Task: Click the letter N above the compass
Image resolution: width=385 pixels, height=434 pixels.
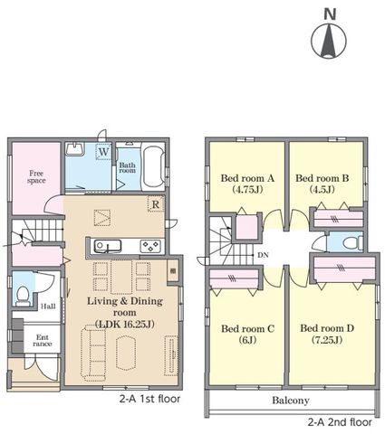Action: point(330,14)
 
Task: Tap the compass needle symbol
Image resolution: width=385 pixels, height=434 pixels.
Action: point(329,41)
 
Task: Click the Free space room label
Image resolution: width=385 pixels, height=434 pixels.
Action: point(36,177)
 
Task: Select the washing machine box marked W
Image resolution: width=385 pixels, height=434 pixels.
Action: point(103,152)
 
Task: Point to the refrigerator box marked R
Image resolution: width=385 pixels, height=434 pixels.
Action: point(156,204)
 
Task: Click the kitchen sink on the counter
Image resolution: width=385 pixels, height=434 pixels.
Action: point(108,246)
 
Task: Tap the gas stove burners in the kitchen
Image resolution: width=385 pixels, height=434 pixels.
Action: point(150,246)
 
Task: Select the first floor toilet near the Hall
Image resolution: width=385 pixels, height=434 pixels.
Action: point(23,297)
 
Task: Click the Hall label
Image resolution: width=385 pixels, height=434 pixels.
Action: point(48,307)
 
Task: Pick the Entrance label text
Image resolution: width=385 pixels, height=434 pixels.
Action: point(43,341)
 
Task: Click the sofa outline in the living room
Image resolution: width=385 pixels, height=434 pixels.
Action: point(93,351)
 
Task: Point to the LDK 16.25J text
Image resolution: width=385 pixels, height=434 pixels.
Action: point(125,325)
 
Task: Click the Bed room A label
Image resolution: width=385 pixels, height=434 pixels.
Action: point(247,178)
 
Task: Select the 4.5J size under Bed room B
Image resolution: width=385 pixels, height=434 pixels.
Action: point(322,189)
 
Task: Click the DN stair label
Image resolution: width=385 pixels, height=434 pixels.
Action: point(263,255)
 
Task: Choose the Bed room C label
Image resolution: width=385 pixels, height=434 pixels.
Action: point(247,328)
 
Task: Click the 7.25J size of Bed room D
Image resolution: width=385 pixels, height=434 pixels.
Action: point(327,340)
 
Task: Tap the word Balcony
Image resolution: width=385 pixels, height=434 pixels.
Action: point(291,401)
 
